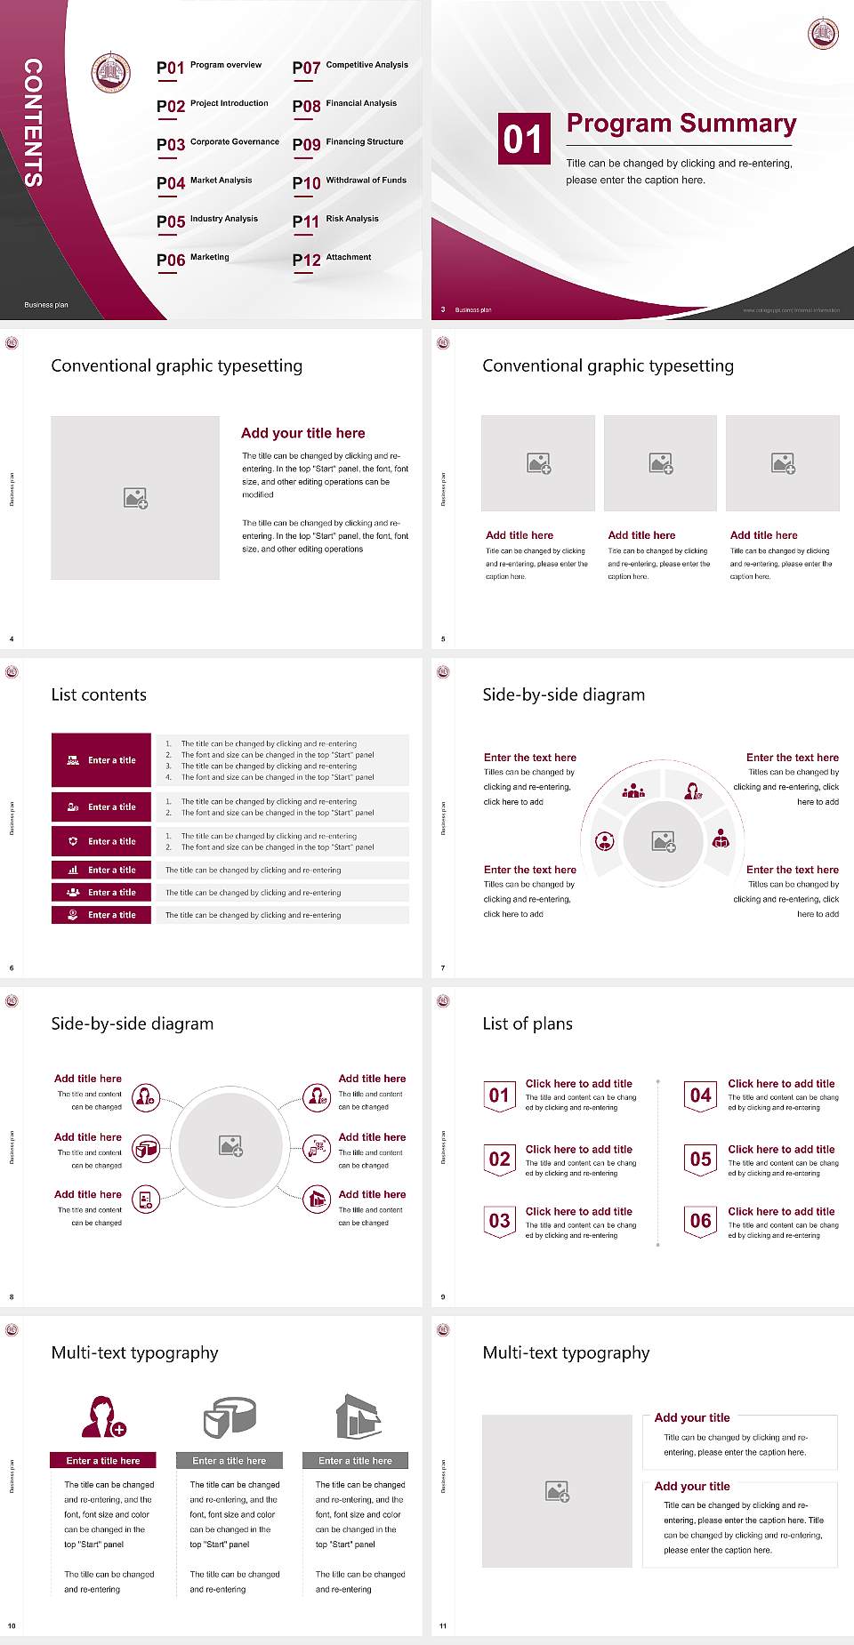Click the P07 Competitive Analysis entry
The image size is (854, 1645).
[350, 67]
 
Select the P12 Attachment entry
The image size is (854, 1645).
[332, 259]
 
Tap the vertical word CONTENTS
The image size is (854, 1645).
[33, 123]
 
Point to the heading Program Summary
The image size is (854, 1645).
[681, 124]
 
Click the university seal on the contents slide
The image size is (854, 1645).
[111, 72]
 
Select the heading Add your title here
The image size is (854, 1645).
[302, 433]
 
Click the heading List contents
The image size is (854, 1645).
[99, 694]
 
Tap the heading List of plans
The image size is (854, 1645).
[528, 1023]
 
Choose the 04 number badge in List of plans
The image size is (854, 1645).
[701, 1095]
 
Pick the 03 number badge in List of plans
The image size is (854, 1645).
[499, 1221]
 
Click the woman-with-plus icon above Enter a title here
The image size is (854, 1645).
[103, 1416]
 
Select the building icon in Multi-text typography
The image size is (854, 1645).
[359, 1416]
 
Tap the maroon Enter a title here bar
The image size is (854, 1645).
[103, 1460]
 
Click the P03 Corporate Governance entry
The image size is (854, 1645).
[217, 143]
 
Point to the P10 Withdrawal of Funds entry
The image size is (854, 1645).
[350, 182]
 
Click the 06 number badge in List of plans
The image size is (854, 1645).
[701, 1221]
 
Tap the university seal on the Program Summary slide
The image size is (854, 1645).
[823, 34]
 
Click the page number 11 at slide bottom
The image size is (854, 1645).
[443, 1626]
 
